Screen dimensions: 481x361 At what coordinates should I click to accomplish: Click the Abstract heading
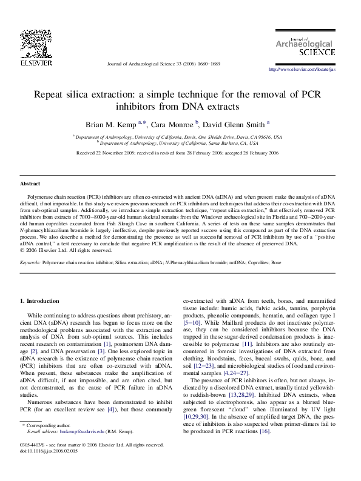click(30, 183)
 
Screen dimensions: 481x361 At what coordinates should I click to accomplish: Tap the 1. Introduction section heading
click(40, 301)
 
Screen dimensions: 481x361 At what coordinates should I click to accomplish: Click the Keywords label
click(30, 263)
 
